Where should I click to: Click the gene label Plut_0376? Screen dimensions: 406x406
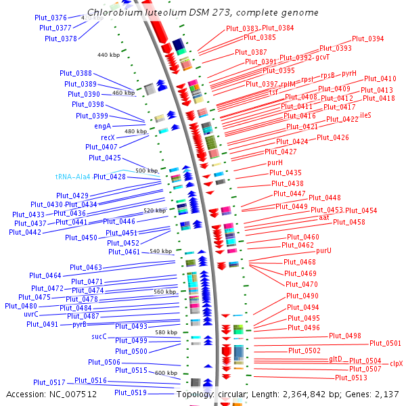pos(51,17)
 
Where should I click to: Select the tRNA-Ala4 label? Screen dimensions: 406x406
pos(72,177)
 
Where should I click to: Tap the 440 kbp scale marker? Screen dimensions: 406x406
pos(108,55)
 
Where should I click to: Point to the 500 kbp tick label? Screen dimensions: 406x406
pos(146,171)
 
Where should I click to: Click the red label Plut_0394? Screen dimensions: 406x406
pos(367,39)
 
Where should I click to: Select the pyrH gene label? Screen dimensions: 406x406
pos(348,73)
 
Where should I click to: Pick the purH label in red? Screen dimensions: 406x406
pos(275,162)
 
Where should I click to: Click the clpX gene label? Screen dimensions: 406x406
pos(396,363)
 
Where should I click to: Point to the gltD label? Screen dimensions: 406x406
pos(336,359)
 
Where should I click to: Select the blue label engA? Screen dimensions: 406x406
pos(103,126)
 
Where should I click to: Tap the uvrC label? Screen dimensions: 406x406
pos(31,314)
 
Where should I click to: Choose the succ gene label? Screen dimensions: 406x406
pos(99,336)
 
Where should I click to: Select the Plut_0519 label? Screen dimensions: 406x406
pos(131,392)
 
